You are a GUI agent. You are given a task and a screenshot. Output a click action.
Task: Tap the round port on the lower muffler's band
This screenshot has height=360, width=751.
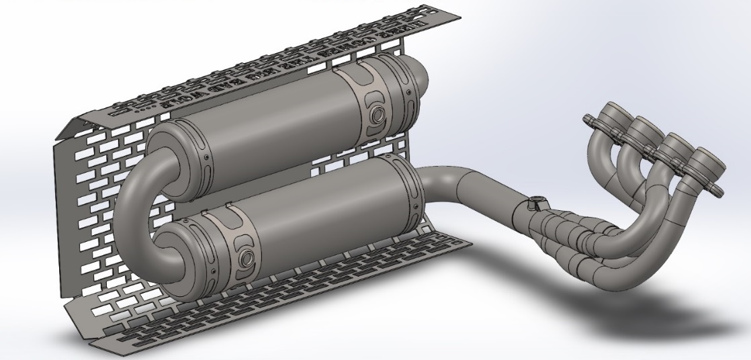click(x=245, y=256)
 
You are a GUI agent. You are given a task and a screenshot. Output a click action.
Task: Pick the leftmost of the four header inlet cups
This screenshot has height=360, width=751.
click(x=613, y=114)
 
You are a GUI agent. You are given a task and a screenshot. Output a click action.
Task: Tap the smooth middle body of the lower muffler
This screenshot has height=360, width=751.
click(x=329, y=215)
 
